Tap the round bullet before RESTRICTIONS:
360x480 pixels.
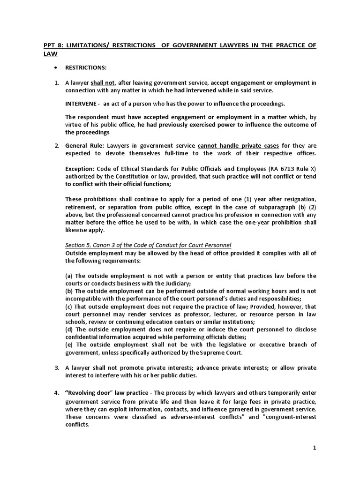(x=56, y=67)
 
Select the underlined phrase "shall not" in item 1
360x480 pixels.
(x=103, y=82)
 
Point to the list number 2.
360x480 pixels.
(x=56, y=146)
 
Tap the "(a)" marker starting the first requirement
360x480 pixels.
(x=69, y=276)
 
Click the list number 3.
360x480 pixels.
(x=56, y=367)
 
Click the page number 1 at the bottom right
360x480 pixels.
(x=315, y=448)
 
